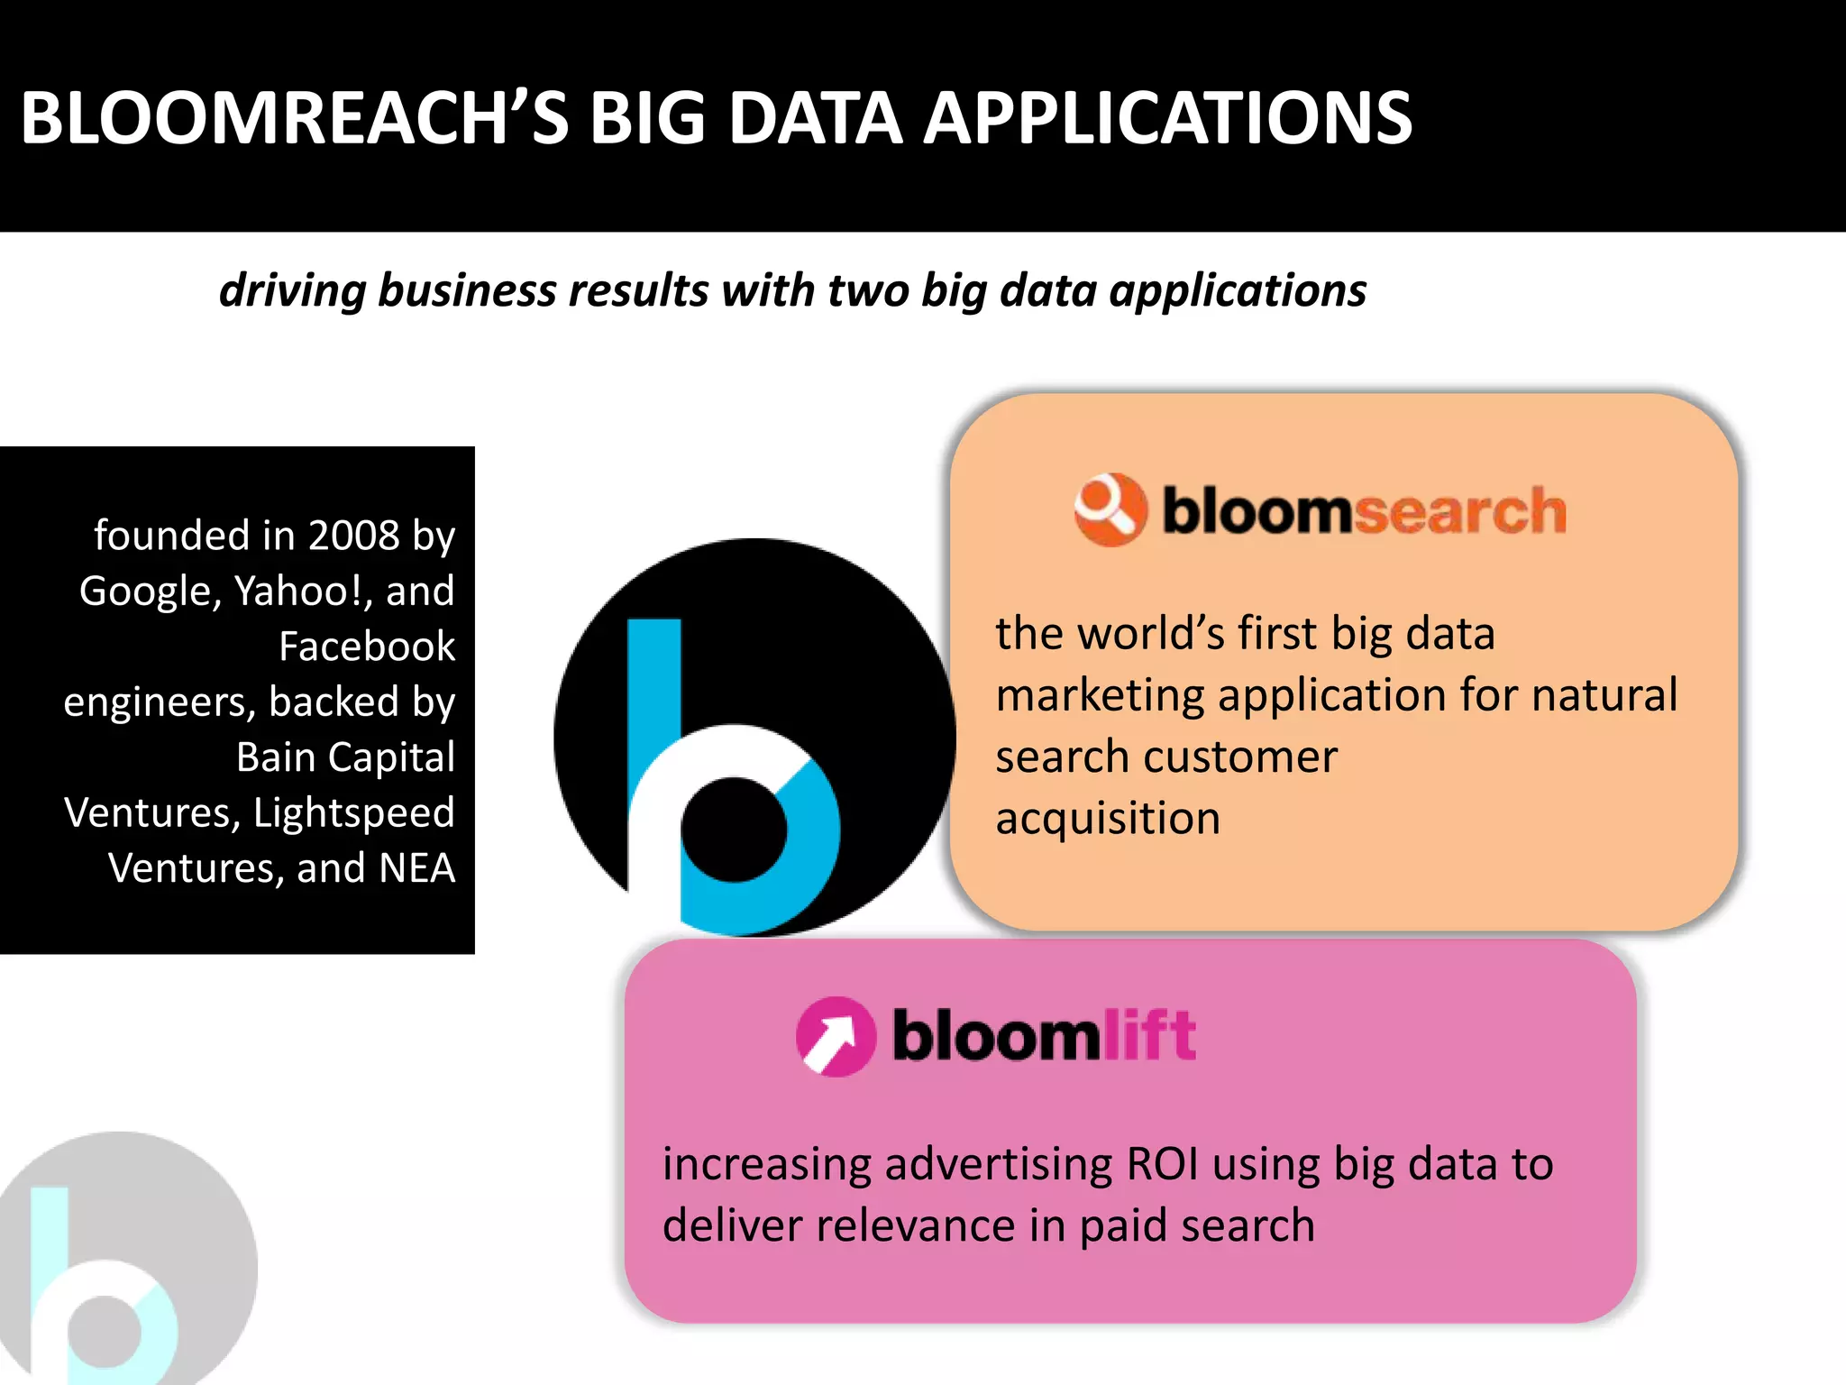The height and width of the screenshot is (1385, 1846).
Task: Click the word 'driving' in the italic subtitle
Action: pyautogui.click(x=292, y=291)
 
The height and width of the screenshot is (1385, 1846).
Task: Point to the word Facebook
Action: pyautogui.click(x=367, y=647)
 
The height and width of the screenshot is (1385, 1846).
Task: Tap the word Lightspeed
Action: pyautogui.click(x=353, y=812)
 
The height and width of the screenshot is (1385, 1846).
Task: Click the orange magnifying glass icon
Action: pyautogui.click(x=1110, y=509)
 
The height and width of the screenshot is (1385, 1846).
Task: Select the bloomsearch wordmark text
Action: pyautogui.click(x=1364, y=511)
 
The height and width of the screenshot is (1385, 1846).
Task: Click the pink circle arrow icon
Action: pyautogui.click(x=836, y=1037)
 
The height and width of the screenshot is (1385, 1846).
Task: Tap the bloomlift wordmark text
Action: pyautogui.click(x=1044, y=1036)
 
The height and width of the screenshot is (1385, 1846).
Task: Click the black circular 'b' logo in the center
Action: pyautogui.click(x=754, y=738)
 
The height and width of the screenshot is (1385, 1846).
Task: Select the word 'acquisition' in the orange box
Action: pyautogui.click(x=1108, y=819)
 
